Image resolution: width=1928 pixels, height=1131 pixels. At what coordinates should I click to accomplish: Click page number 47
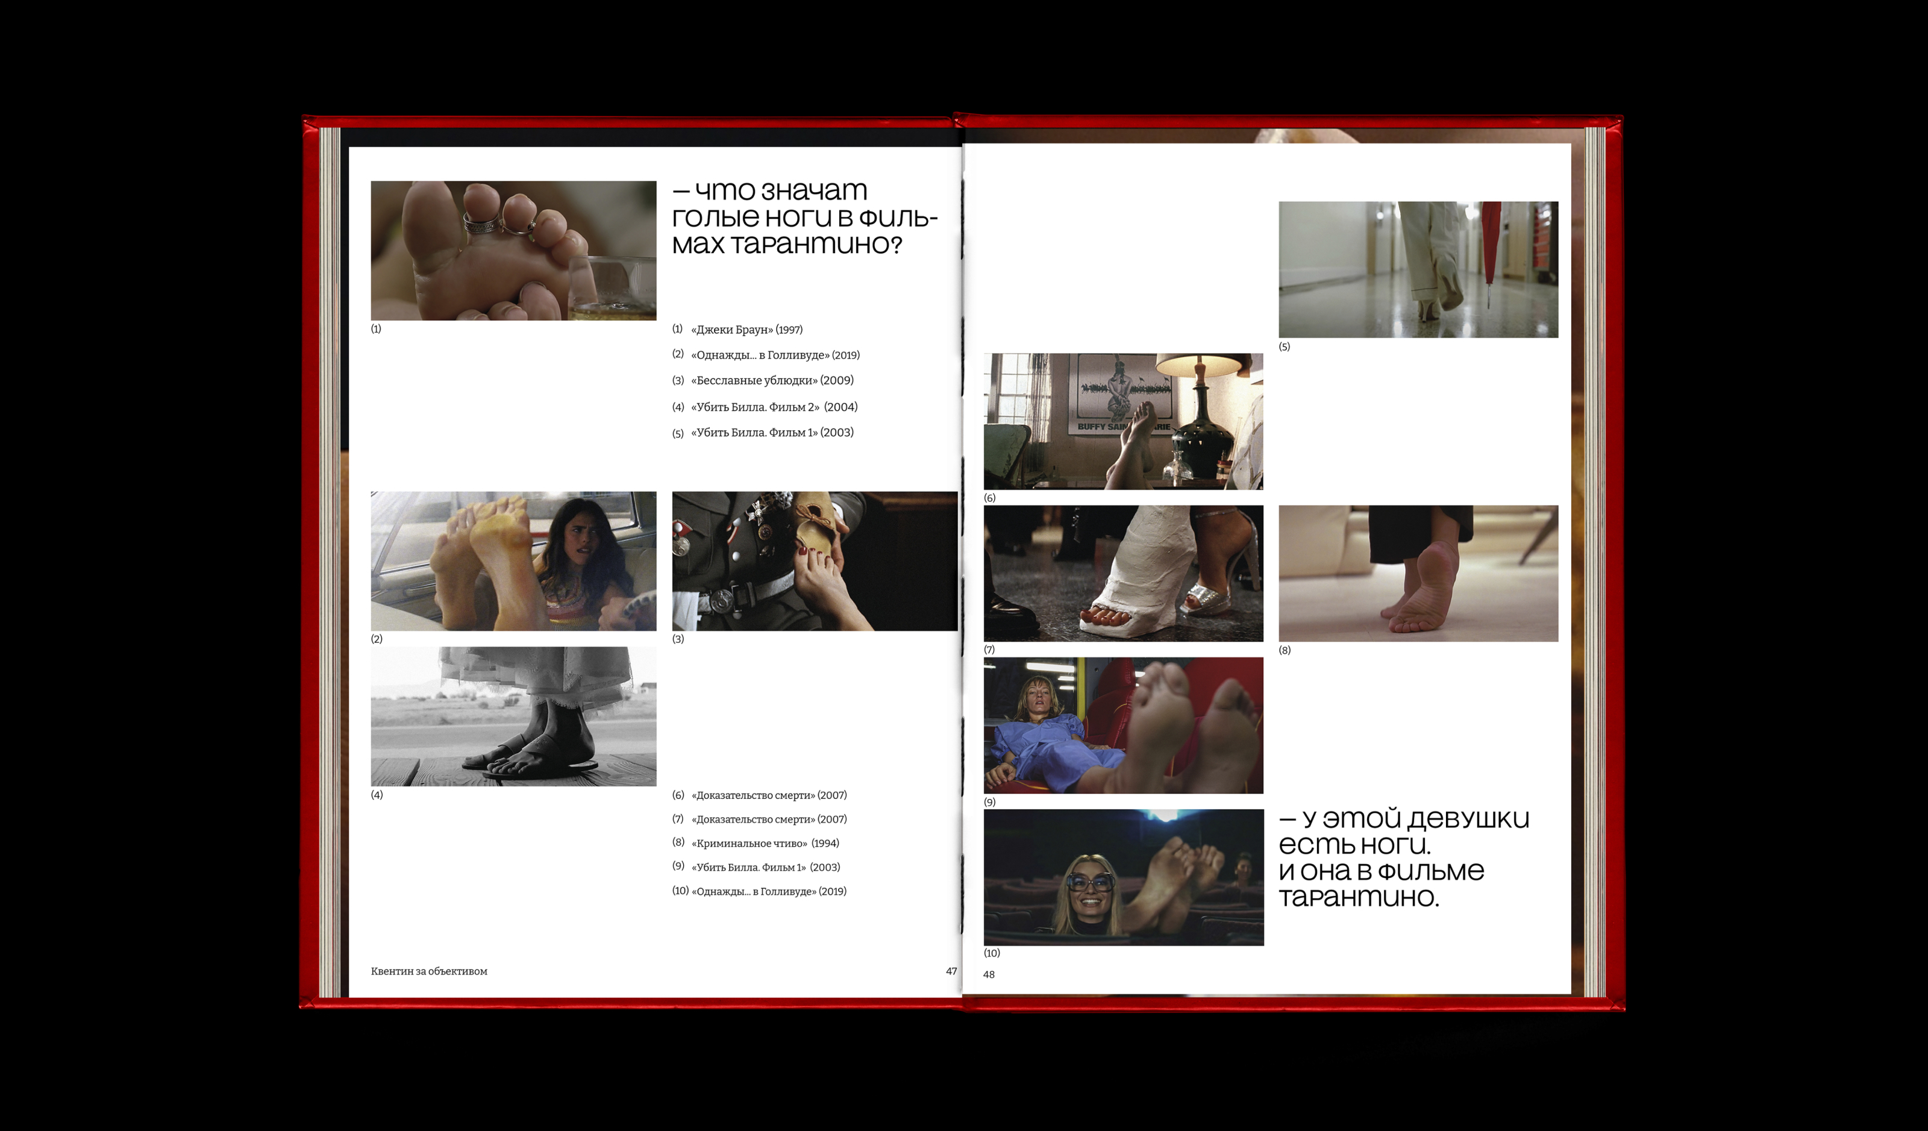951,971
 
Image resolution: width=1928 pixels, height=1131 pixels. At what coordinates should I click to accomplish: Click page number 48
989,974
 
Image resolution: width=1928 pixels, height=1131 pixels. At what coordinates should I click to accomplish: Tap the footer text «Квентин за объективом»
429,971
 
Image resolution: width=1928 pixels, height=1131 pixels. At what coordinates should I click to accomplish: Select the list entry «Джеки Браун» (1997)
737,330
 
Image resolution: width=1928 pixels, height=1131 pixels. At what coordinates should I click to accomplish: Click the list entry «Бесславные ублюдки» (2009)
763,380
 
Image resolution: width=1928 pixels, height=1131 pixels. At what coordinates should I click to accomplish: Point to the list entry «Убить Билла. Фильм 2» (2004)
765,407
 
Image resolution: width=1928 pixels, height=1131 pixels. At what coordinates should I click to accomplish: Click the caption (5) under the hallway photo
1285,346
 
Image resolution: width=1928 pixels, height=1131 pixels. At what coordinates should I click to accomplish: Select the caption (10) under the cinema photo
992,953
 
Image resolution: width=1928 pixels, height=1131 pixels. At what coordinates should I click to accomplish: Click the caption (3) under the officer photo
678,639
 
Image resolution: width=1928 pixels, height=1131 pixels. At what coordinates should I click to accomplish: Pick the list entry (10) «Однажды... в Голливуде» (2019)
759,892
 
